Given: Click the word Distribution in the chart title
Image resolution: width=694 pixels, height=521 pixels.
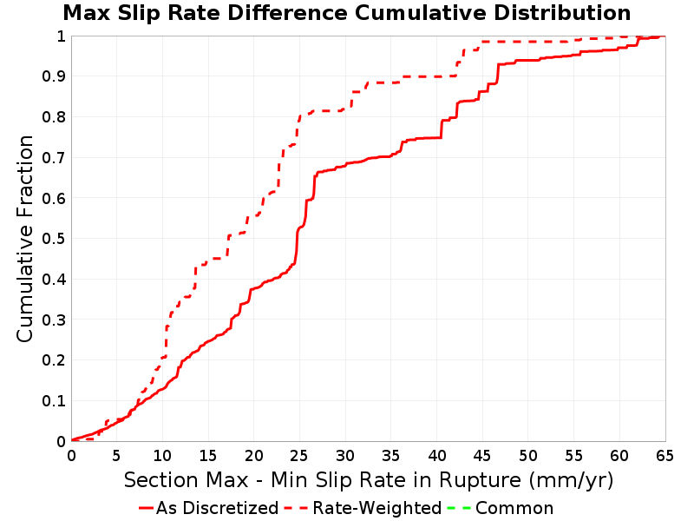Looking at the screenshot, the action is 562,13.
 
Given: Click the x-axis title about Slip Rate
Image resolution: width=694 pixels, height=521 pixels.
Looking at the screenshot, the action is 369,480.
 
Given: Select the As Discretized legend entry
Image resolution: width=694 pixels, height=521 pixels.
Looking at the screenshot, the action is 208,508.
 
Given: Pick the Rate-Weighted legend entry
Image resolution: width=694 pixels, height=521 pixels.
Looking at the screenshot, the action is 363,508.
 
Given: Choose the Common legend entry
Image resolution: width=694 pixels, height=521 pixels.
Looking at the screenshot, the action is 501,508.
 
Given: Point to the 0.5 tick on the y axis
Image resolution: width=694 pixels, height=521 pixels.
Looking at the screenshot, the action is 54,239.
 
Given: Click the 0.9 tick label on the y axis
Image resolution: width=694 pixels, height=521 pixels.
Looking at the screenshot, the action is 54,76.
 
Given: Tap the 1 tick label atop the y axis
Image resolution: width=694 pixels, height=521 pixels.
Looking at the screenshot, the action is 62,36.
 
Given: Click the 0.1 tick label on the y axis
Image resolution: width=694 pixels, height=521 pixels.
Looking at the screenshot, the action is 54,401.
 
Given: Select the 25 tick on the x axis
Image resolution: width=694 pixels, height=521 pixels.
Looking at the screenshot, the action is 299,455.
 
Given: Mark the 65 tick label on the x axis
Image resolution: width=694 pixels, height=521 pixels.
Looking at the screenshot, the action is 665,455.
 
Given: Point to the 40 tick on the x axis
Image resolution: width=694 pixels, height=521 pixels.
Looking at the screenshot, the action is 436,455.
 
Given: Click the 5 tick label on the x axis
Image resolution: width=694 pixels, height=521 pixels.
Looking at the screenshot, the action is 116,455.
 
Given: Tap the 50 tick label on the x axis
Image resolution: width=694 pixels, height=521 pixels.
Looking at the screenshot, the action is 527,455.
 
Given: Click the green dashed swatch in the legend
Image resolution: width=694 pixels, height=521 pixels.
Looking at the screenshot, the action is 459,508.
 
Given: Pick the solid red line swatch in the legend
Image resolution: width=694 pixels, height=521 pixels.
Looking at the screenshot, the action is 146,508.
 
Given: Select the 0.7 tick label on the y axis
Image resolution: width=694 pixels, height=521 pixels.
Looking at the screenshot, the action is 54,158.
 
